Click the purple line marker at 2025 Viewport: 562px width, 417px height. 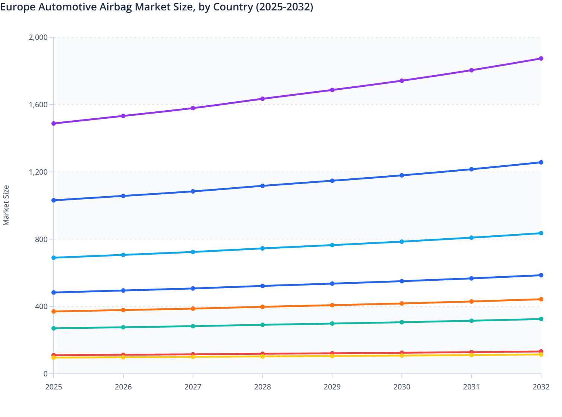click(54, 123)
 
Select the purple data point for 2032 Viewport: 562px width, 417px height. click(541, 58)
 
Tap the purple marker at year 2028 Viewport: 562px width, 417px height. click(262, 99)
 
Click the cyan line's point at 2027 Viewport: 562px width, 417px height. click(193, 252)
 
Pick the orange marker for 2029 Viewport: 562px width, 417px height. click(332, 305)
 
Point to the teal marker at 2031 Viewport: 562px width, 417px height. click(471, 321)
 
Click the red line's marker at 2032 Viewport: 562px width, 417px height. click(541, 351)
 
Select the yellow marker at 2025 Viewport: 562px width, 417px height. click(54, 357)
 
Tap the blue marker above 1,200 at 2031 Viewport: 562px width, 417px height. click(471, 169)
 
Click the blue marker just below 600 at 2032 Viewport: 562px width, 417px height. click(541, 275)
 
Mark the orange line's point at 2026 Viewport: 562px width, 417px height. click(123, 310)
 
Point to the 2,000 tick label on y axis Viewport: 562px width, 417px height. click(38, 37)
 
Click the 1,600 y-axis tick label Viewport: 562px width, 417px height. click(38, 105)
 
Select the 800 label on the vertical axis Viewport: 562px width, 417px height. click(41, 239)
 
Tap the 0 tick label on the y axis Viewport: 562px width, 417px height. click(45, 374)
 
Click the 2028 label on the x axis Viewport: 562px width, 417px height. click(262, 387)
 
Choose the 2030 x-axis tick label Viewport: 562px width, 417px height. click(402, 387)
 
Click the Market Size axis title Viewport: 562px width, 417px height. click(6, 206)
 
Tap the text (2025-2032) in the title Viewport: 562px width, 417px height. click(284, 7)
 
